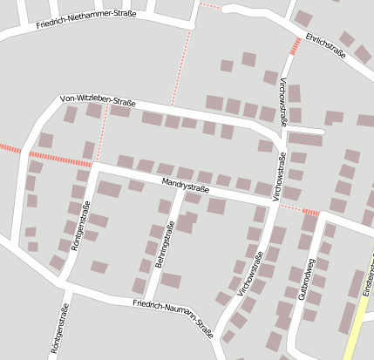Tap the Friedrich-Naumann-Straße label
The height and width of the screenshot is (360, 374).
pyautogui.click(x=173, y=315)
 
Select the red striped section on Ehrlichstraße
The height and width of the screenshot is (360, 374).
pyautogui.click(x=295, y=44)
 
